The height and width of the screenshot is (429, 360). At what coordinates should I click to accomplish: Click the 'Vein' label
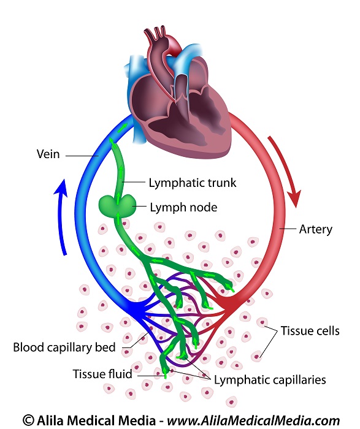point(48,154)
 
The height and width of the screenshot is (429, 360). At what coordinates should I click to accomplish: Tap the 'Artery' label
point(315,229)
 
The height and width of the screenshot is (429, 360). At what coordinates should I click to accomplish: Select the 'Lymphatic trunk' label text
point(192,183)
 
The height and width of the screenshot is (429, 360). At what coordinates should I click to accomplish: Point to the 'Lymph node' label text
point(183,207)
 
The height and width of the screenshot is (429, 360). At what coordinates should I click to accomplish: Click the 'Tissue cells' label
point(310,331)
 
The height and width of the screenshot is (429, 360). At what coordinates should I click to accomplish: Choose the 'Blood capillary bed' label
point(64,347)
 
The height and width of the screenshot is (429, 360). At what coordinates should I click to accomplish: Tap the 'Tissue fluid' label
point(102,374)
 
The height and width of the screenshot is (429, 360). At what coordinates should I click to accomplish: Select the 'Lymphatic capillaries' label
point(270,380)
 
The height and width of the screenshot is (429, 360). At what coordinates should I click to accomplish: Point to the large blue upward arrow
point(61,216)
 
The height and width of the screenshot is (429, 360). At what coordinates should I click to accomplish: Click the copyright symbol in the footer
point(28,420)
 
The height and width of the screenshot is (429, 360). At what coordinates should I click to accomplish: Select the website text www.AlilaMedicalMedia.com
point(253,420)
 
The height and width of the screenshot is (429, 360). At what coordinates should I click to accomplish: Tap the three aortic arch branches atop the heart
point(155,33)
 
